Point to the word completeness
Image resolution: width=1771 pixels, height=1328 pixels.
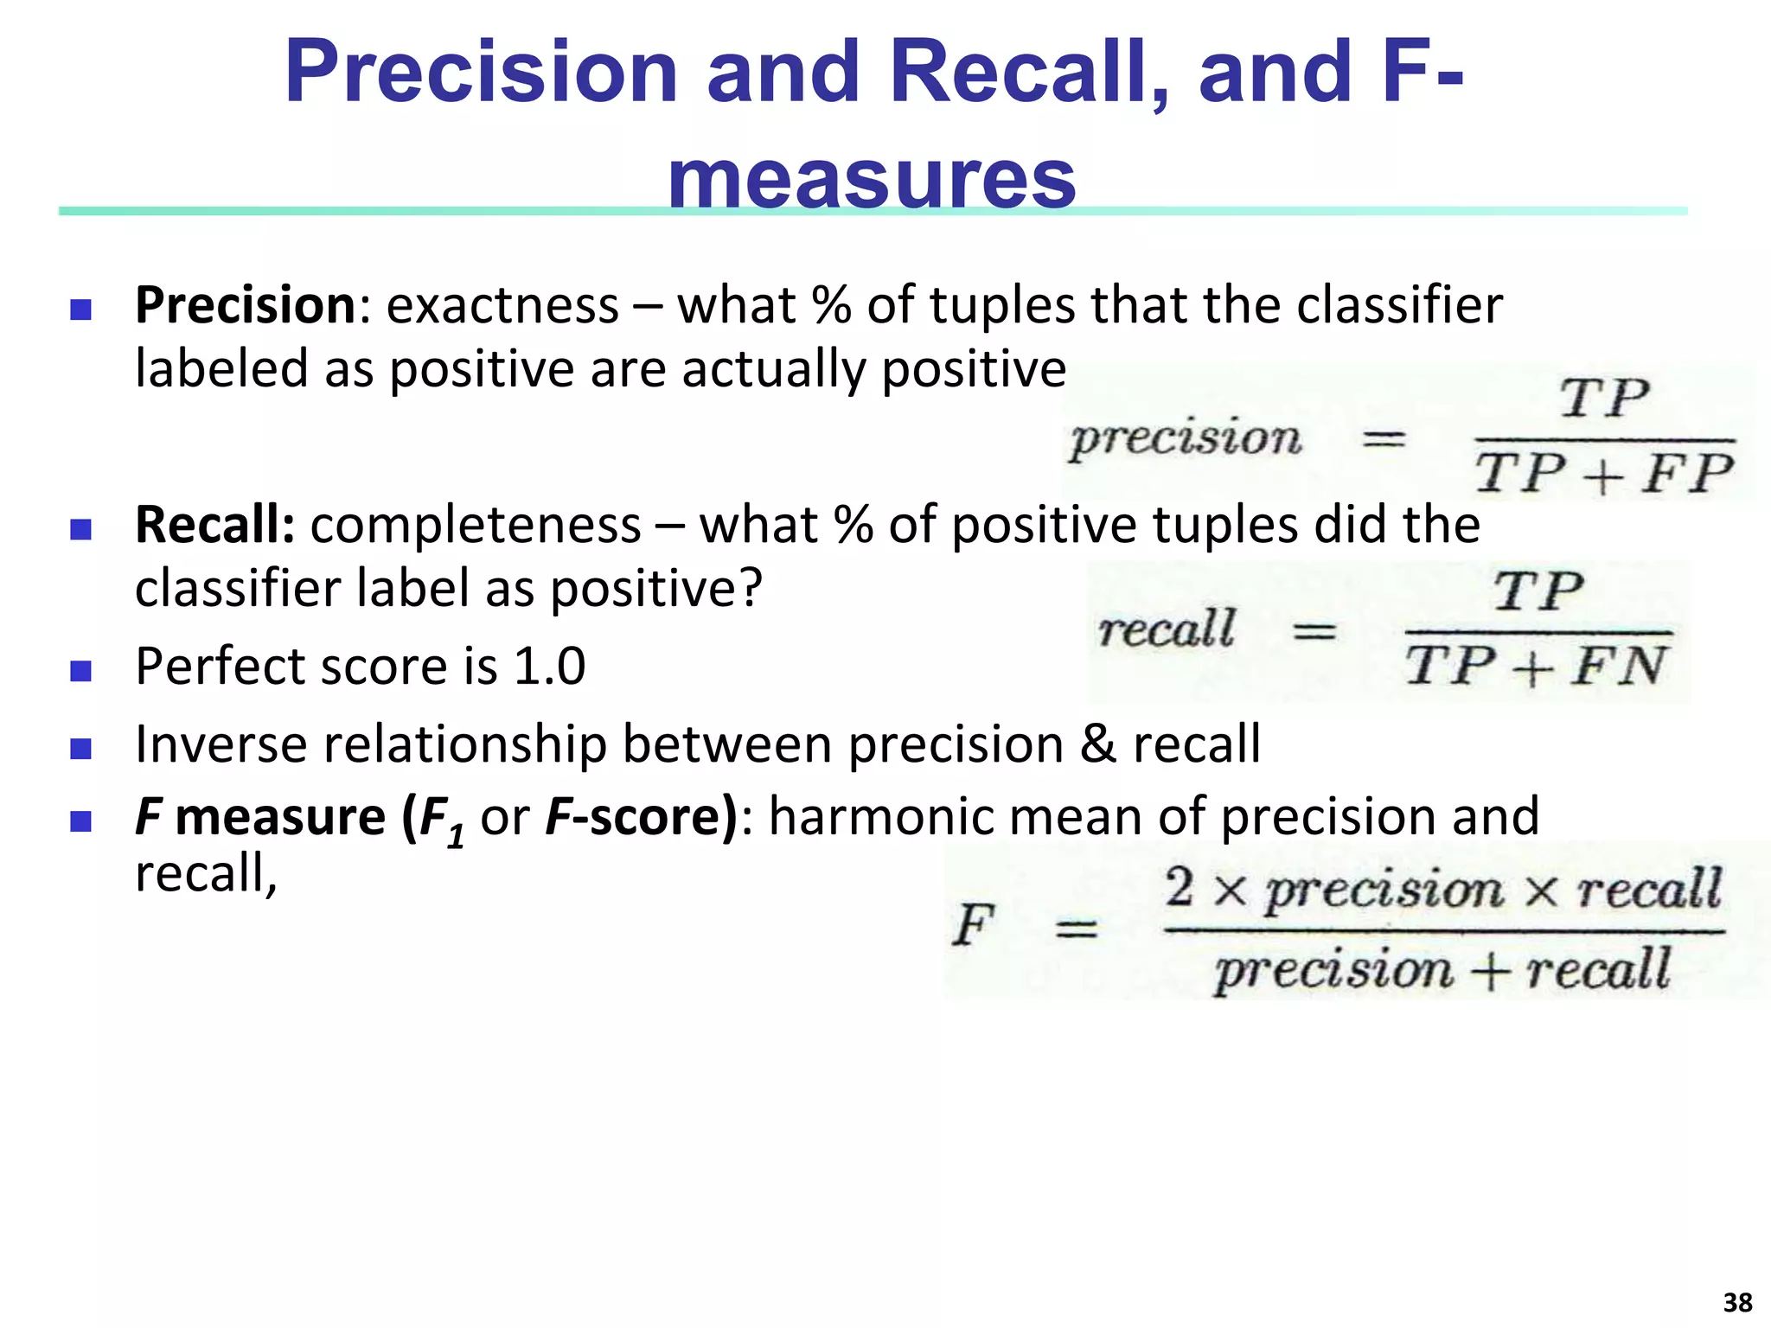(476, 525)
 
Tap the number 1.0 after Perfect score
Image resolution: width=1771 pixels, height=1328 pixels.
(550, 666)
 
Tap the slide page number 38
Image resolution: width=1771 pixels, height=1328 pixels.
(1737, 1302)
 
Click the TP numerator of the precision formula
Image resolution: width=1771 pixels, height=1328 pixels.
(1605, 399)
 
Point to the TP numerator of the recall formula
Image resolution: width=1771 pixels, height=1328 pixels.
(1539, 592)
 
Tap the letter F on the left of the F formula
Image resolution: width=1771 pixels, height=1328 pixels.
(974, 925)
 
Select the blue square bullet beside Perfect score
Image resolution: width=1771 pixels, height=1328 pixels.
(80, 670)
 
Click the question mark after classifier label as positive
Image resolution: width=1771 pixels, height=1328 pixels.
(751, 589)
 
